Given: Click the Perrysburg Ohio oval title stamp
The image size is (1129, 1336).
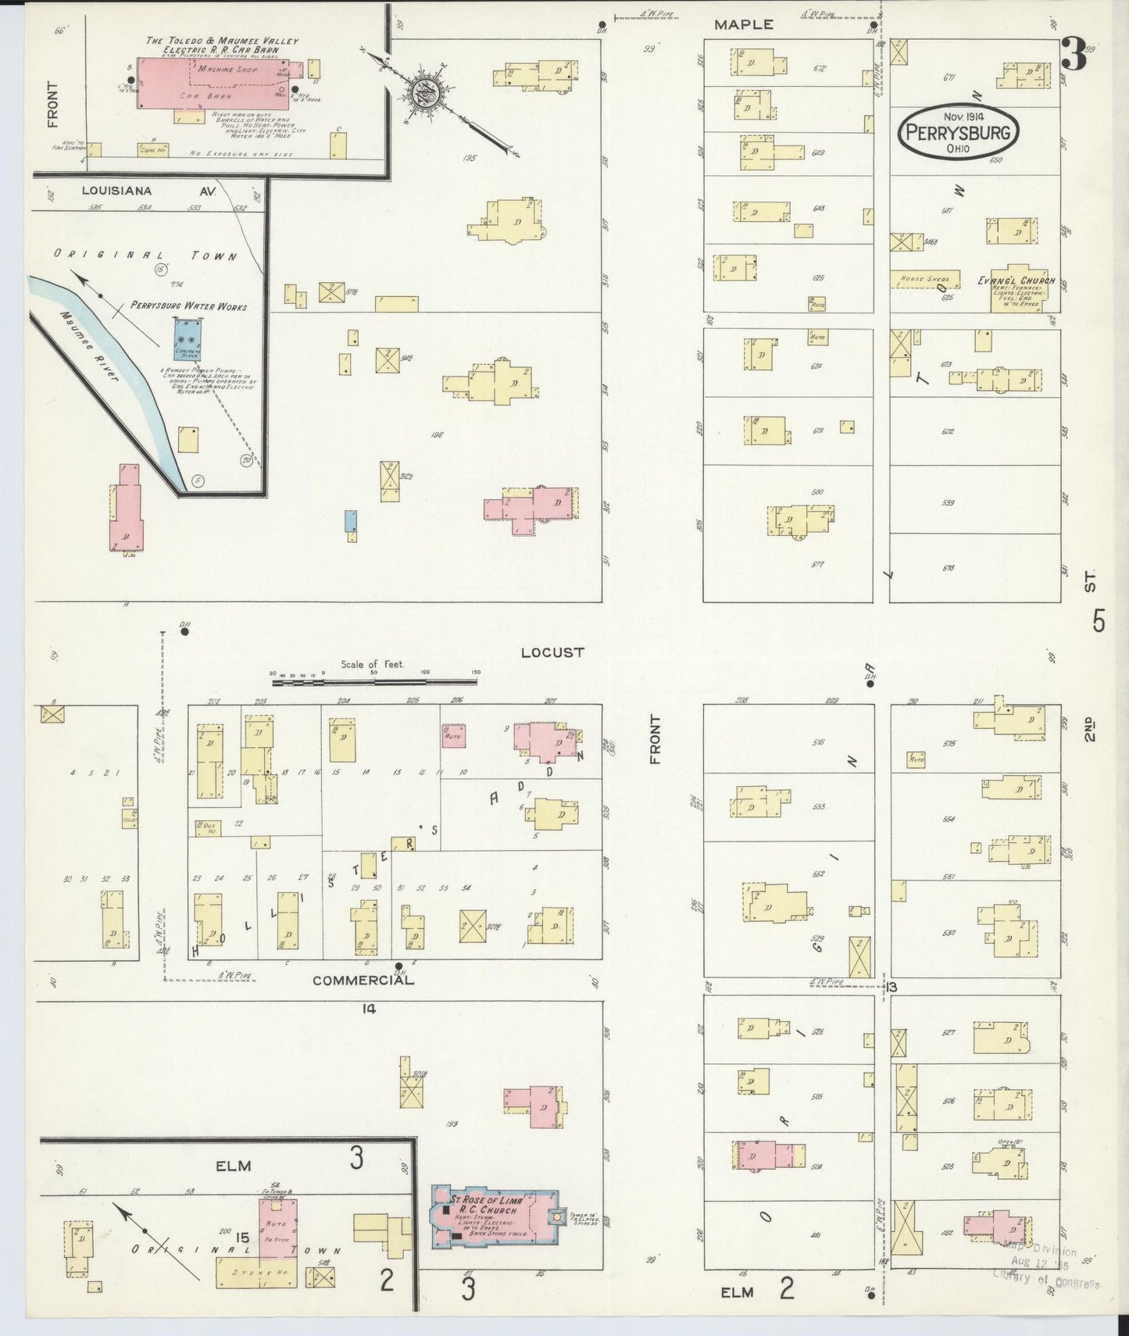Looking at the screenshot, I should tap(959, 133).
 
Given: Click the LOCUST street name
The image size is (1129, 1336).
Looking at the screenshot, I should tap(552, 652).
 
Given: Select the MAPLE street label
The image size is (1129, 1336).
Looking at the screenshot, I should tap(744, 25).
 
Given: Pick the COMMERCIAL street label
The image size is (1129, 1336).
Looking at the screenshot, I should tap(363, 980).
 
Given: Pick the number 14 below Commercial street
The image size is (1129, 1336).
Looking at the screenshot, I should tap(369, 1009).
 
